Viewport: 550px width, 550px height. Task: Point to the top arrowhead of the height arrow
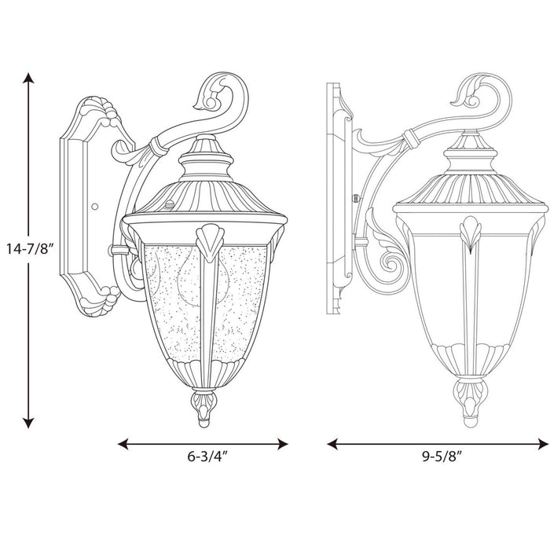[x=29, y=79]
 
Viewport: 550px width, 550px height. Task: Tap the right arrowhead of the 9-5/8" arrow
[x=541, y=444]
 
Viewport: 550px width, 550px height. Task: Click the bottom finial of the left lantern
[x=203, y=407]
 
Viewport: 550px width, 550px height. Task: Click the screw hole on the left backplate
[x=94, y=207]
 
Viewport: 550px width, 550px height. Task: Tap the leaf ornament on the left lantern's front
[x=210, y=242]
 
